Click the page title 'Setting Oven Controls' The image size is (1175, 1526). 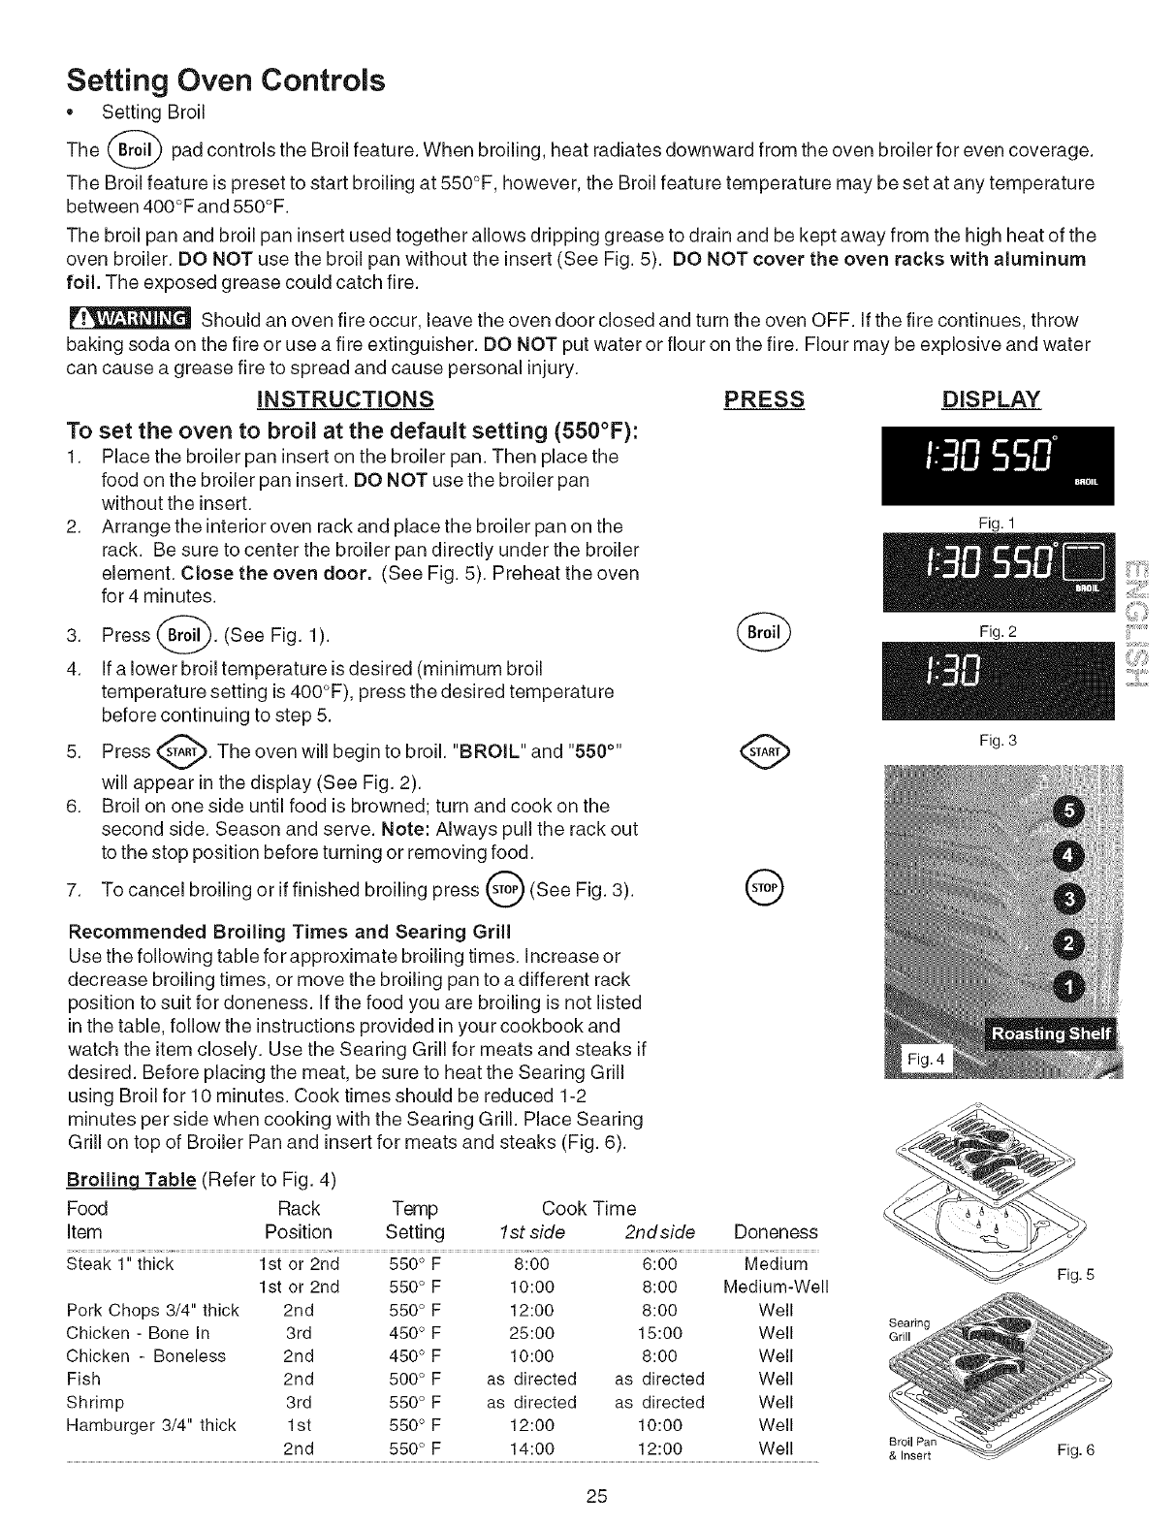[x=225, y=79]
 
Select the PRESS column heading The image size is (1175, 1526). [x=764, y=399]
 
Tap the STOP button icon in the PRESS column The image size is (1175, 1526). [x=764, y=887]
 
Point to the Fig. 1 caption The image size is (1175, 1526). [x=997, y=525]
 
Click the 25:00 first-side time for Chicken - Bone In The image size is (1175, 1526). [x=530, y=1333]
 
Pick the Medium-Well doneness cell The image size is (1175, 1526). [x=776, y=1288]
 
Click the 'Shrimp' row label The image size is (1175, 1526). [x=95, y=1402]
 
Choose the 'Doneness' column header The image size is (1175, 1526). [x=776, y=1232]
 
